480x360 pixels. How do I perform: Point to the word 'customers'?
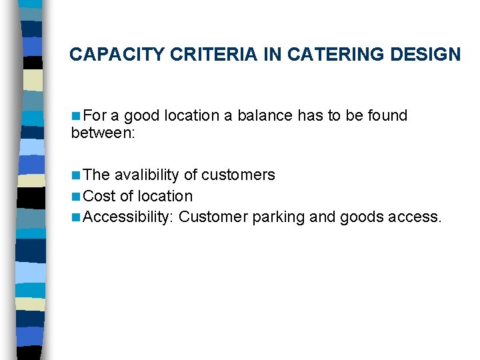click(238, 175)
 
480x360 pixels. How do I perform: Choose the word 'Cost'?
click(100, 196)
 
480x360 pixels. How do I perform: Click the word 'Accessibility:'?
click(129, 217)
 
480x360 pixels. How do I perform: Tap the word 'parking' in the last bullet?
click(279, 217)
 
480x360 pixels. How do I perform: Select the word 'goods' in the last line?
click(361, 217)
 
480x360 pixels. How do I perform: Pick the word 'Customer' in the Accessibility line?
click(213, 217)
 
